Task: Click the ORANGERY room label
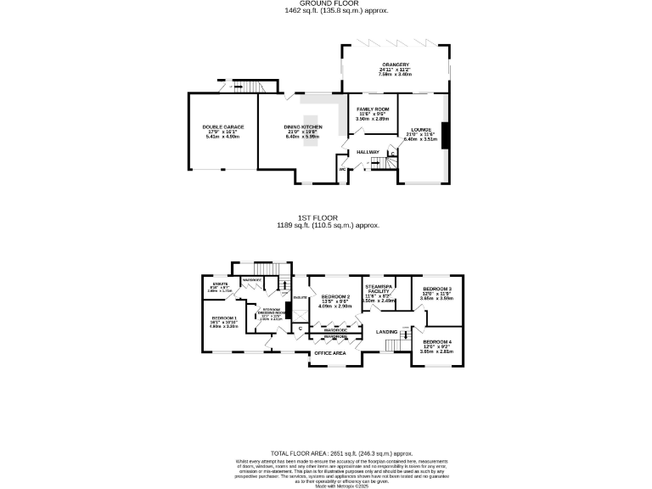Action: (x=395, y=65)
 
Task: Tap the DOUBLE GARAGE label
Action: (x=218, y=126)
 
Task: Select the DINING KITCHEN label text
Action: (x=302, y=126)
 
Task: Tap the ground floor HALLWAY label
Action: (x=368, y=152)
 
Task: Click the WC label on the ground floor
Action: (x=342, y=168)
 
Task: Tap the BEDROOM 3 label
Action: (x=437, y=289)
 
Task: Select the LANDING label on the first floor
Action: (x=387, y=331)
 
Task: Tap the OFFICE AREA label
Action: (x=329, y=352)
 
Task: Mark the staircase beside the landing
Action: (x=392, y=344)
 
